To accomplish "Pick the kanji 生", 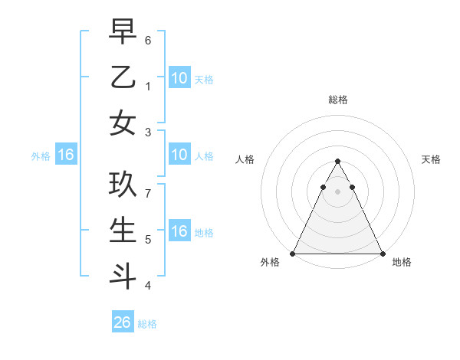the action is point(123,231).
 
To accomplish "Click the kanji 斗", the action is point(123,276).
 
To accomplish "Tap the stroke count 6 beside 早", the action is point(148,40).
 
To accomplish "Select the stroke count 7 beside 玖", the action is point(148,194).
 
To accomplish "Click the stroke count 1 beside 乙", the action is point(148,87).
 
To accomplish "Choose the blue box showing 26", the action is point(123,322).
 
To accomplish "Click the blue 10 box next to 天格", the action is point(179,77).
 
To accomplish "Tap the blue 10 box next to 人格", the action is point(179,155).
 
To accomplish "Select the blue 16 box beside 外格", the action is point(65,155).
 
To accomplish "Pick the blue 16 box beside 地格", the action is point(179,231).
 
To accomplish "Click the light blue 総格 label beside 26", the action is point(147,324).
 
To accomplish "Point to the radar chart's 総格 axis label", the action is point(337,100).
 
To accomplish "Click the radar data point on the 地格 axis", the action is point(382,254).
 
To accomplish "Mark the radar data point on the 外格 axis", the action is point(293,254).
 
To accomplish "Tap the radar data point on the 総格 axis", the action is point(337,162).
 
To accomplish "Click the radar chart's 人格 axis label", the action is point(245,159).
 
